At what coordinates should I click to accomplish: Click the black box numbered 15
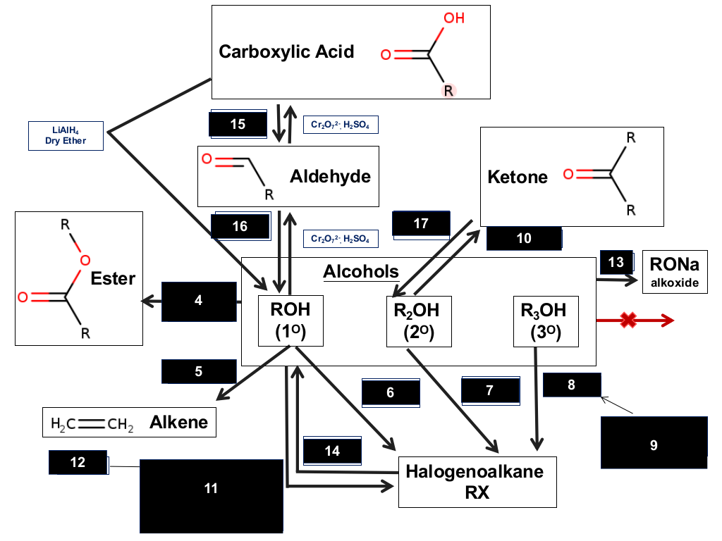[x=238, y=124]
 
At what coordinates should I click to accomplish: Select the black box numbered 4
[x=199, y=301]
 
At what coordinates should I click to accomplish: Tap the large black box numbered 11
[x=212, y=496]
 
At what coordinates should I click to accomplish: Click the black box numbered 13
[x=616, y=262]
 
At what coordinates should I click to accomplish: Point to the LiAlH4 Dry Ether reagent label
[x=66, y=136]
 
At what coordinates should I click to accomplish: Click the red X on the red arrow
[x=628, y=321]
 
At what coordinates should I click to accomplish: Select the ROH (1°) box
[x=290, y=321]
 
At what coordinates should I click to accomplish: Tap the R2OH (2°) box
[x=419, y=321]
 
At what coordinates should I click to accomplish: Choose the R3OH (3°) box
[x=546, y=321]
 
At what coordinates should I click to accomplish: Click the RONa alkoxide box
[x=675, y=272]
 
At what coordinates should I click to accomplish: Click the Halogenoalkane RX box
[x=477, y=482]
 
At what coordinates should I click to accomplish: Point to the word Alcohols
[x=361, y=271]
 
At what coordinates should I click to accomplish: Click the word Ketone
[x=518, y=177]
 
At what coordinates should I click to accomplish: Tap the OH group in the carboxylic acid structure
[x=454, y=18]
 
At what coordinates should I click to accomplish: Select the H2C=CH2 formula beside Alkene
[x=92, y=423]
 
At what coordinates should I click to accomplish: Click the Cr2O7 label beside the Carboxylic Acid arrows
[x=341, y=125]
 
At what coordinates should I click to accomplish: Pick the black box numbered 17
[x=421, y=224]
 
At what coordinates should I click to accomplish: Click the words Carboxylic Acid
[x=286, y=51]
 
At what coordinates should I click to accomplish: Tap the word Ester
[x=113, y=278]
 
